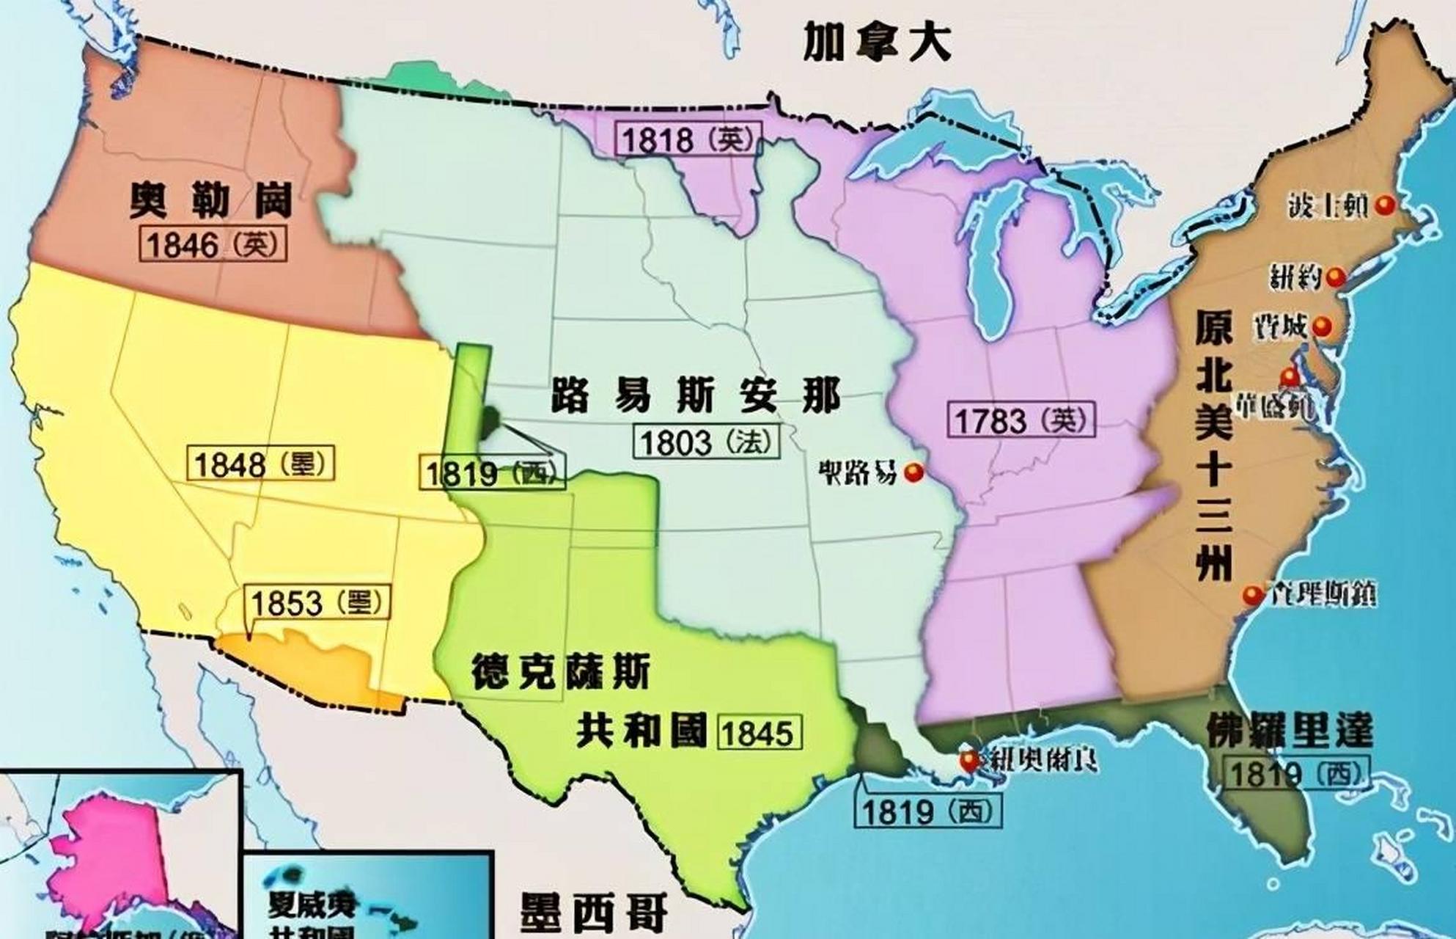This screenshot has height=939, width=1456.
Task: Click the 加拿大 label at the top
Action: [x=877, y=43]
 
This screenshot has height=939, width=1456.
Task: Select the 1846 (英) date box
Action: [x=213, y=245]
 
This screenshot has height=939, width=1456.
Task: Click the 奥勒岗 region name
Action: [x=210, y=200]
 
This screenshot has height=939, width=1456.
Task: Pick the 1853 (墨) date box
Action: [x=317, y=603]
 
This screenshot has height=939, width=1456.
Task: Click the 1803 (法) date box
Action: [x=706, y=442]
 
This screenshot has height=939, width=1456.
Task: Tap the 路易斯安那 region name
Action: [x=696, y=397]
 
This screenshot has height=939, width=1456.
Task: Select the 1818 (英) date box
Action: [x=688, y=139]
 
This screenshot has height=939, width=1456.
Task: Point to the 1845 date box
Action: [x=760, y=733]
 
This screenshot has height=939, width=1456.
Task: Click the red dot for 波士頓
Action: [x=1384, y=206]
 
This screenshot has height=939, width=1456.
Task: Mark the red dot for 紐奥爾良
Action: [x=971, y=760]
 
